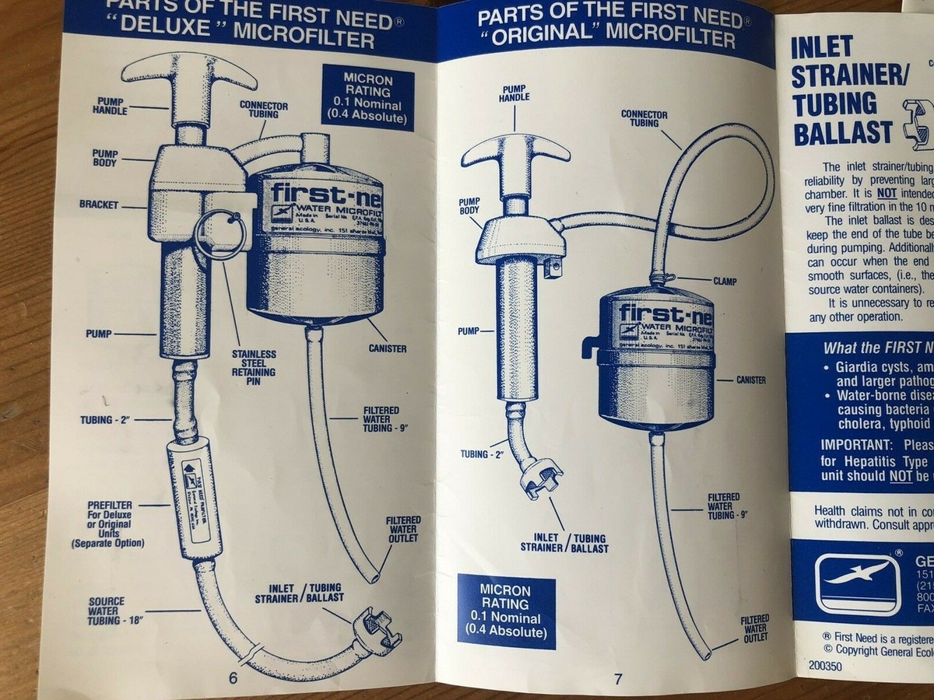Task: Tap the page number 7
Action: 618,679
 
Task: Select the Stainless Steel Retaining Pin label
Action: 255,367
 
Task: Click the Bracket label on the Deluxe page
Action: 98,205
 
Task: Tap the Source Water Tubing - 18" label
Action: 107,611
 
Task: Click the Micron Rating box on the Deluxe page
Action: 368,97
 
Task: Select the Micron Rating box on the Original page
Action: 506,611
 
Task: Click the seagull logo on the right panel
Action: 857,583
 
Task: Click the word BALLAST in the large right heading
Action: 842,134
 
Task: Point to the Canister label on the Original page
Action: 751,380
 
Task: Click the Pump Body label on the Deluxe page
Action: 105,159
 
